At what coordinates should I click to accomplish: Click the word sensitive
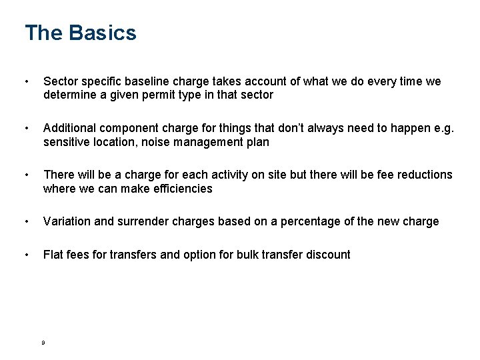[67, 141]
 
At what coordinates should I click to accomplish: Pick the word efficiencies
[180, 188]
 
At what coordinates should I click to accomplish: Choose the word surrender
[142, 221]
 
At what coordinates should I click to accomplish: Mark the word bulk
[249, 255]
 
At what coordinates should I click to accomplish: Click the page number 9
[43, 342]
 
